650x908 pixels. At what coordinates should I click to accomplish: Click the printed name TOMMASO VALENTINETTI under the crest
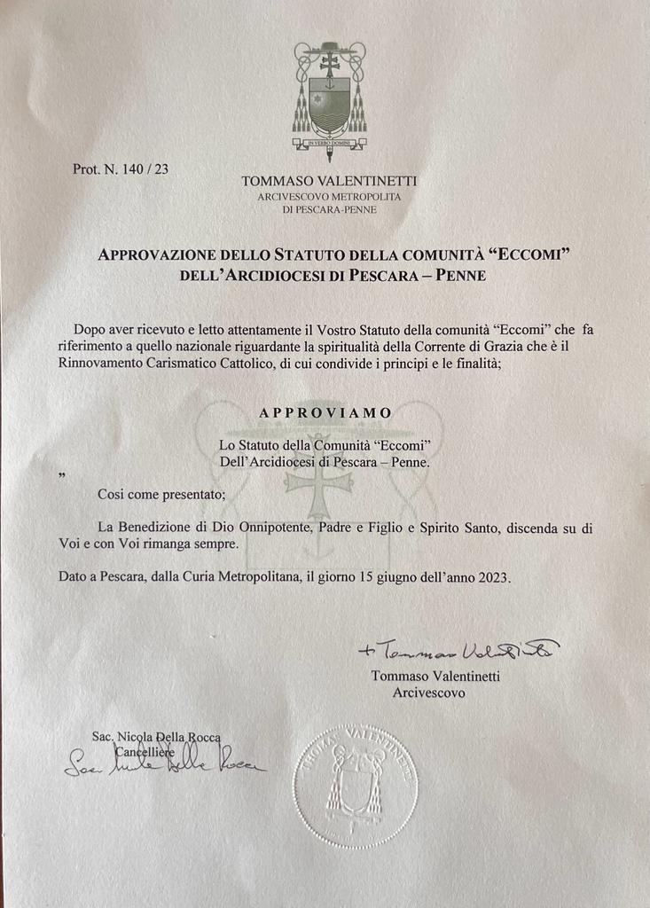coord(329,181)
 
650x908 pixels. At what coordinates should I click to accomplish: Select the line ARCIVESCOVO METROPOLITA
coord(329,196)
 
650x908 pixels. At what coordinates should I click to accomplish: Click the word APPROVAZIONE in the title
coord(157,255)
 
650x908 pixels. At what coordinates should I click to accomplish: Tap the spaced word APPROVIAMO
coord(325,413)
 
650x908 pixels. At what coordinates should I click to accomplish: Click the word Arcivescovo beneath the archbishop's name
coord(428,692)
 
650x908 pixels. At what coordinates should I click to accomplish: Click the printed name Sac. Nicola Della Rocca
coord(155,737)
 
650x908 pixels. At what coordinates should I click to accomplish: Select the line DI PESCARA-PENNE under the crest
coord(329,209)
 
